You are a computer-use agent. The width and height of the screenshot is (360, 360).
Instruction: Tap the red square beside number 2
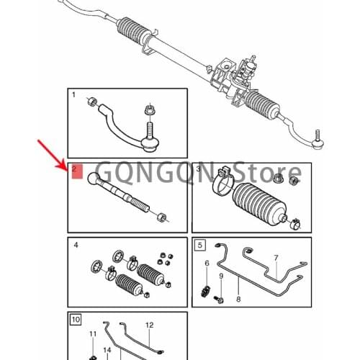[78, 173]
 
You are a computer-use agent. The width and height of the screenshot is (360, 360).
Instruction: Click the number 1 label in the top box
[73, 95]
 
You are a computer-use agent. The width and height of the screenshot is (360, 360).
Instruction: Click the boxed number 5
[199, 245]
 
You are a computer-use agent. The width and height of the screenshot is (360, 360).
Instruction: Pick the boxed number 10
[76, 318]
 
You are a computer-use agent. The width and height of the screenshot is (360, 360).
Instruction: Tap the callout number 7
[274, 257]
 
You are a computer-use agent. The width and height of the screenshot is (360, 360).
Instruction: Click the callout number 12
[149, 325]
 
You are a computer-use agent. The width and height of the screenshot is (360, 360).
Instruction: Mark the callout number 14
[107, 350]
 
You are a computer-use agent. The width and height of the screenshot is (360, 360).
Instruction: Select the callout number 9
[221, 277]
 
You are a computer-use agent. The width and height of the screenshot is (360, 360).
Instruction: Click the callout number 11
[92, 335]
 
